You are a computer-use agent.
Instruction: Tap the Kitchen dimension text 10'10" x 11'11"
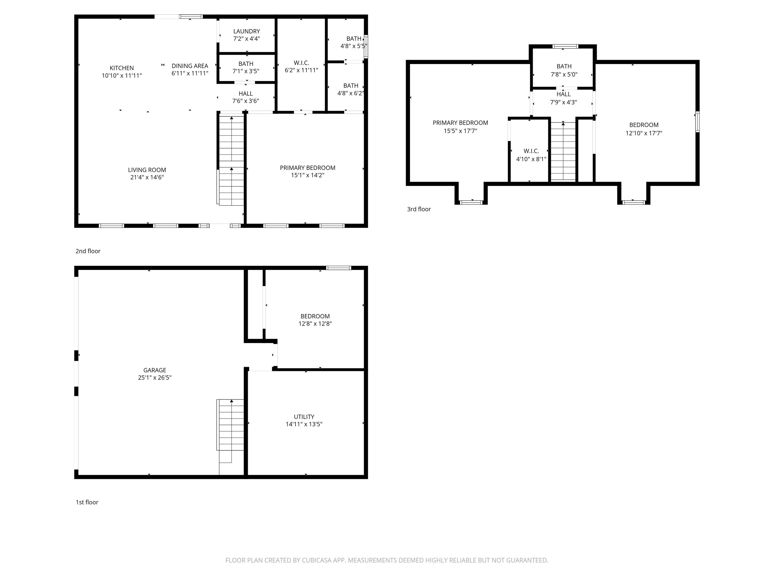pos(122,76)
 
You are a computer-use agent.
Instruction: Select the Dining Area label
pos(190,66)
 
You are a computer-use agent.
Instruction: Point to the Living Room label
pos(147,170)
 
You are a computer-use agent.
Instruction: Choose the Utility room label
pos(304,417)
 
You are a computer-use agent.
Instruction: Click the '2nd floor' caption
pos(88,251)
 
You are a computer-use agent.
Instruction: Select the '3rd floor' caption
pos(419,209)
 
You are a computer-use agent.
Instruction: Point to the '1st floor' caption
pos(87,502)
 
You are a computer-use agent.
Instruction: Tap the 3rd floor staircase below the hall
pos(563,151)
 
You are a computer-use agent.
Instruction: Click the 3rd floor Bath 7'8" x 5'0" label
pos(564,70)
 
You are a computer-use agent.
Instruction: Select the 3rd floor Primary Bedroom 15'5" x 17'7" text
pos(461,127)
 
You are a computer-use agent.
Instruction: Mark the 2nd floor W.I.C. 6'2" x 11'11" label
pos(301,67)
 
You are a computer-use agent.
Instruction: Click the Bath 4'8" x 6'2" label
pos(351,89)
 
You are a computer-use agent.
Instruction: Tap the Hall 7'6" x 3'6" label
pos(246,97)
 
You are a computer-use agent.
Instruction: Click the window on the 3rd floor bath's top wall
pos(565,46)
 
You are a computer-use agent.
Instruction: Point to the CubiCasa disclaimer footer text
pos(387,560)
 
